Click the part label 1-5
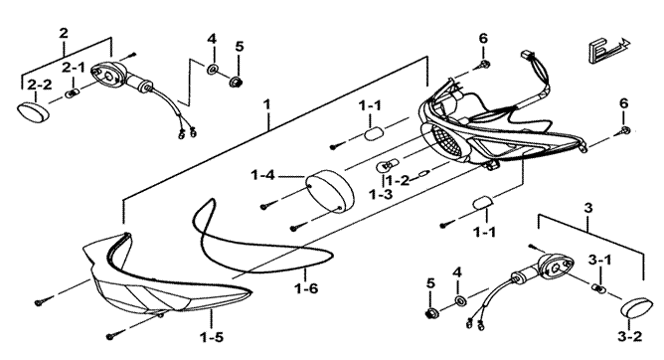click(212, 337)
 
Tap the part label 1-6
click(306, 288)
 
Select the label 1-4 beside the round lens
click(262, 174)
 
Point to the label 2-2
click(40, 85)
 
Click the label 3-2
click(629, 337)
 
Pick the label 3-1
click(599, 260)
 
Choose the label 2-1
click(74, 68)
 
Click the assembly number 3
click(588, 208)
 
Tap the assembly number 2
click(64, 33)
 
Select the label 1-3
click(381, 194)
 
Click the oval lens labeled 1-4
click(330, 189)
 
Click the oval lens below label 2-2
click(33, 110)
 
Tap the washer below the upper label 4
click(212, 70)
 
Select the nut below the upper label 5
click(235, 81)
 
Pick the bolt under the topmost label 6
click(484, 65)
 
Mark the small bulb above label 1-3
click(384, 166)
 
